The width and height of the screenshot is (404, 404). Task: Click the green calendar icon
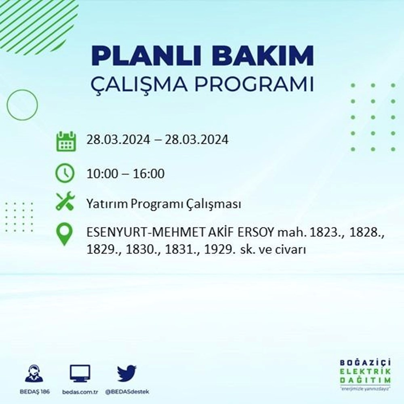[65, 141]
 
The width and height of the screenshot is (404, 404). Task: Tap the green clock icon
[65, 174]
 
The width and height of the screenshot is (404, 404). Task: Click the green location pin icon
[65, 235]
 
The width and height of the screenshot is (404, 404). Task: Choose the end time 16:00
[150, 174]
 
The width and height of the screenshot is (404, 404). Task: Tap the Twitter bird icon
[127, 374]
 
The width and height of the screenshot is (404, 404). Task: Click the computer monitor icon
[80, 374]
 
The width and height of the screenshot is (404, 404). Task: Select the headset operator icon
[34, 374]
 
